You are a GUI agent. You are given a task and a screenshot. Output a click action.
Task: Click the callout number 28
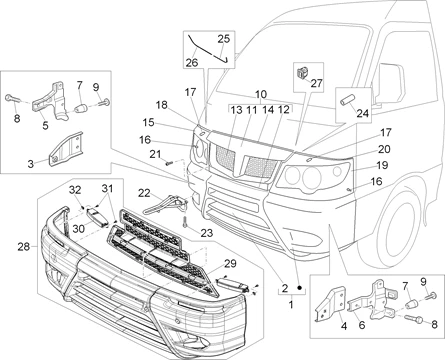tap(24, 247)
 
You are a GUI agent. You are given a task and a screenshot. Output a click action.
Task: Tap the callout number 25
tap(224, 39)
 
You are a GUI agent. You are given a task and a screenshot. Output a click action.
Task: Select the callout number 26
tap(192, 62)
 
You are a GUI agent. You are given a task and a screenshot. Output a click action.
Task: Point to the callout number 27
tap(316, 83)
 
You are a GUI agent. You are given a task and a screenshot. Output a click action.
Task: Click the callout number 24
tap(363, 113)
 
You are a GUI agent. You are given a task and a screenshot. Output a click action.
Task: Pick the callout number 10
tap(261, 94)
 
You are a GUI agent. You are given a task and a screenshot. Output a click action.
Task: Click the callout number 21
tap(155, 154)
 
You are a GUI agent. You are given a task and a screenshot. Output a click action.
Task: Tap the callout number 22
tap(144, 193)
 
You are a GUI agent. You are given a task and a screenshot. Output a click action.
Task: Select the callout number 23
tap(207, 233)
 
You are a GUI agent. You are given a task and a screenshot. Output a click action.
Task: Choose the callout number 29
tap(230, 264)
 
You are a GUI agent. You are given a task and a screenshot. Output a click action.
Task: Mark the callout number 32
tap(75, 190)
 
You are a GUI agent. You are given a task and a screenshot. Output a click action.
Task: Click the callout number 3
tap(31, 164)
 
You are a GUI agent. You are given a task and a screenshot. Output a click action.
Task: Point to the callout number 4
tap(344, 326)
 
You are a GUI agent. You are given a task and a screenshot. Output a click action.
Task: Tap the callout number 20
tap(384, 149)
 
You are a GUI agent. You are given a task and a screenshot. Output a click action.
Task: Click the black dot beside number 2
tap(299, 287)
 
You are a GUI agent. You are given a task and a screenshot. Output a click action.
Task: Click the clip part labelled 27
tap(303, 72)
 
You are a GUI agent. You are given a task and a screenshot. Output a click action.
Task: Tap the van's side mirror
tap(389, 83)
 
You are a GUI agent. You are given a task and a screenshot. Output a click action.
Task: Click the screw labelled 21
tap(169, 163)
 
